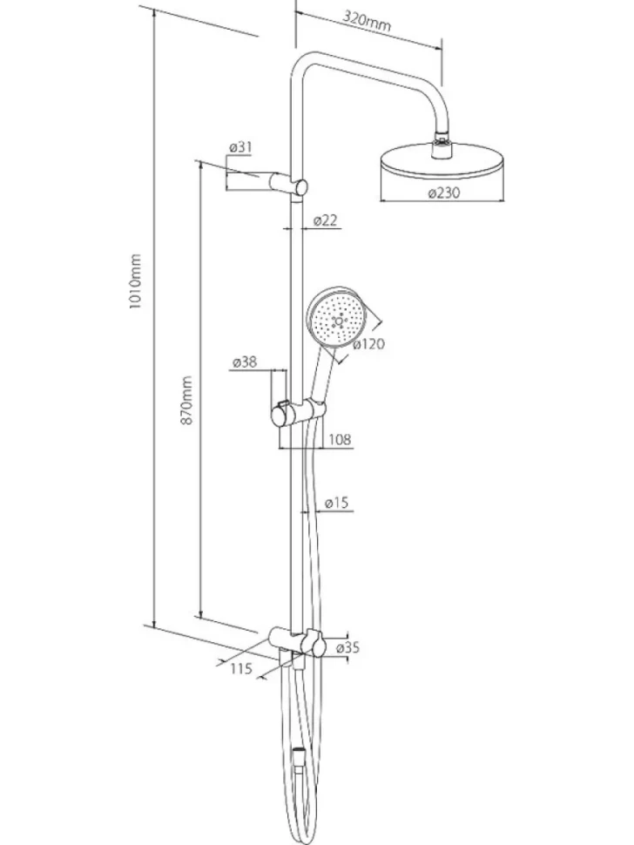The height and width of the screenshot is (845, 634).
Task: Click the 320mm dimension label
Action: pos(367,21)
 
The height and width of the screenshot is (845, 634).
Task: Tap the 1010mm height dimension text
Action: pos(135,281)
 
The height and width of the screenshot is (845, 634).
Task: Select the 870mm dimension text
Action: pos(186,401)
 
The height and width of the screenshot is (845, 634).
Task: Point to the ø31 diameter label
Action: pos(240,147)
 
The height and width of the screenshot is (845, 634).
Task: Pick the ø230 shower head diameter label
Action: pos(444,193)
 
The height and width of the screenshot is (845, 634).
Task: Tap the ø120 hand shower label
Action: pos(369,343)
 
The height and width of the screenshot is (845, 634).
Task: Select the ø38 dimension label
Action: pos(245,362)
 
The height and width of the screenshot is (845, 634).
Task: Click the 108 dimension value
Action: pos(340,439)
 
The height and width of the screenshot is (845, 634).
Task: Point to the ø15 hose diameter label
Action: pos(337,503)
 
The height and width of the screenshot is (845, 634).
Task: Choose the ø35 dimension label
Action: pos(347,647)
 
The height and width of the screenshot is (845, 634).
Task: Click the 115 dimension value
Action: pos(241,669)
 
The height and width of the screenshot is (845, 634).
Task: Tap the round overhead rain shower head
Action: pos(442,161)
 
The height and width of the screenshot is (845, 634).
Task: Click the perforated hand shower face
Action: pos(338,319)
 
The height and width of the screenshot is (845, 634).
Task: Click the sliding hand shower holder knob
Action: pos(280,416)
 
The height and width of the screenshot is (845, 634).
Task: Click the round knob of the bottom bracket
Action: pos(319,645)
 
